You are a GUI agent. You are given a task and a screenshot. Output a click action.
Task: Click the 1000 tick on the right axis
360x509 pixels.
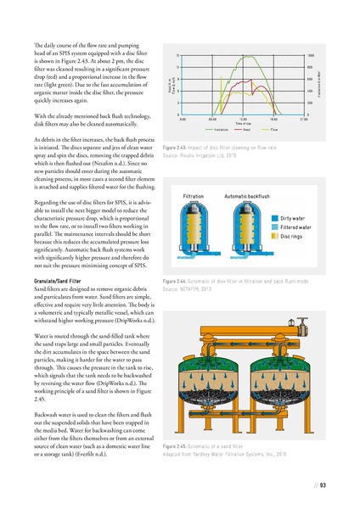[x=311, y=54]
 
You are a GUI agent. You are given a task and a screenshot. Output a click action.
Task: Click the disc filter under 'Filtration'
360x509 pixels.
[x=199, y=208]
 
